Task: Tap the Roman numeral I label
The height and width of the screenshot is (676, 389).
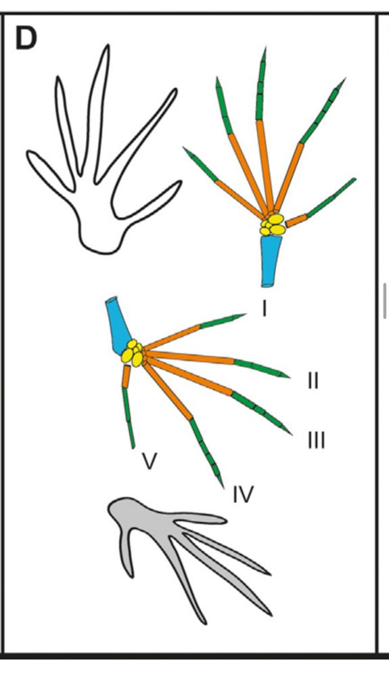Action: [265, 309]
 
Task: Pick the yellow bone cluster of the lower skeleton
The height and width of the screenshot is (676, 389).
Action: [133, 354]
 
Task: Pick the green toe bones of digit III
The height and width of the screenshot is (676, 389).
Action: [264, 411]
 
